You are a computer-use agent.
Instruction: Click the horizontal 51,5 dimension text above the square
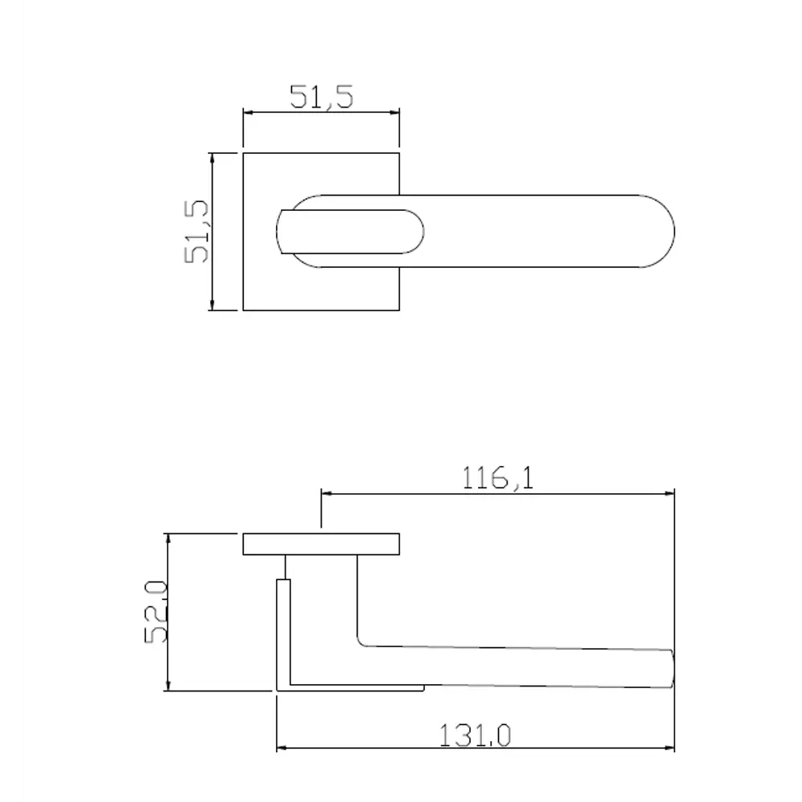pyautogui.click(x=321, y=97)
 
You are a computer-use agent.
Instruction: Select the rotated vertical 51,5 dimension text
pyautogui.click(x=196, y=231)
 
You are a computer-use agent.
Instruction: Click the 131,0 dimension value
pyautogui.click(x=476, y=734)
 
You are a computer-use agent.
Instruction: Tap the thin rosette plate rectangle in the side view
pyautogui.click(x=321, y=544)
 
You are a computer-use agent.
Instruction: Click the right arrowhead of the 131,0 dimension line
pyautogui.click(x=670, y=749)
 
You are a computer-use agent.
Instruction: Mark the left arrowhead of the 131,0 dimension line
pyautogui.click(x=282, y=749)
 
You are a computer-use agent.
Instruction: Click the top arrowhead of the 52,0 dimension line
pyautogui.click(x=168, y=538)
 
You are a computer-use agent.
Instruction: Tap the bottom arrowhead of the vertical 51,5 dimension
pyautogui.click(x=212, y=304)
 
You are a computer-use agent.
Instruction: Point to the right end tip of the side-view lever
pyautogui.click(x=671, y=669)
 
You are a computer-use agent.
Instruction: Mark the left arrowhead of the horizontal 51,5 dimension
pyautogui.click(x=248, y=113)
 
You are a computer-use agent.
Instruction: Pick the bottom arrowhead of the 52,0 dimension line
pyautogui.click(x=168, y=685)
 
